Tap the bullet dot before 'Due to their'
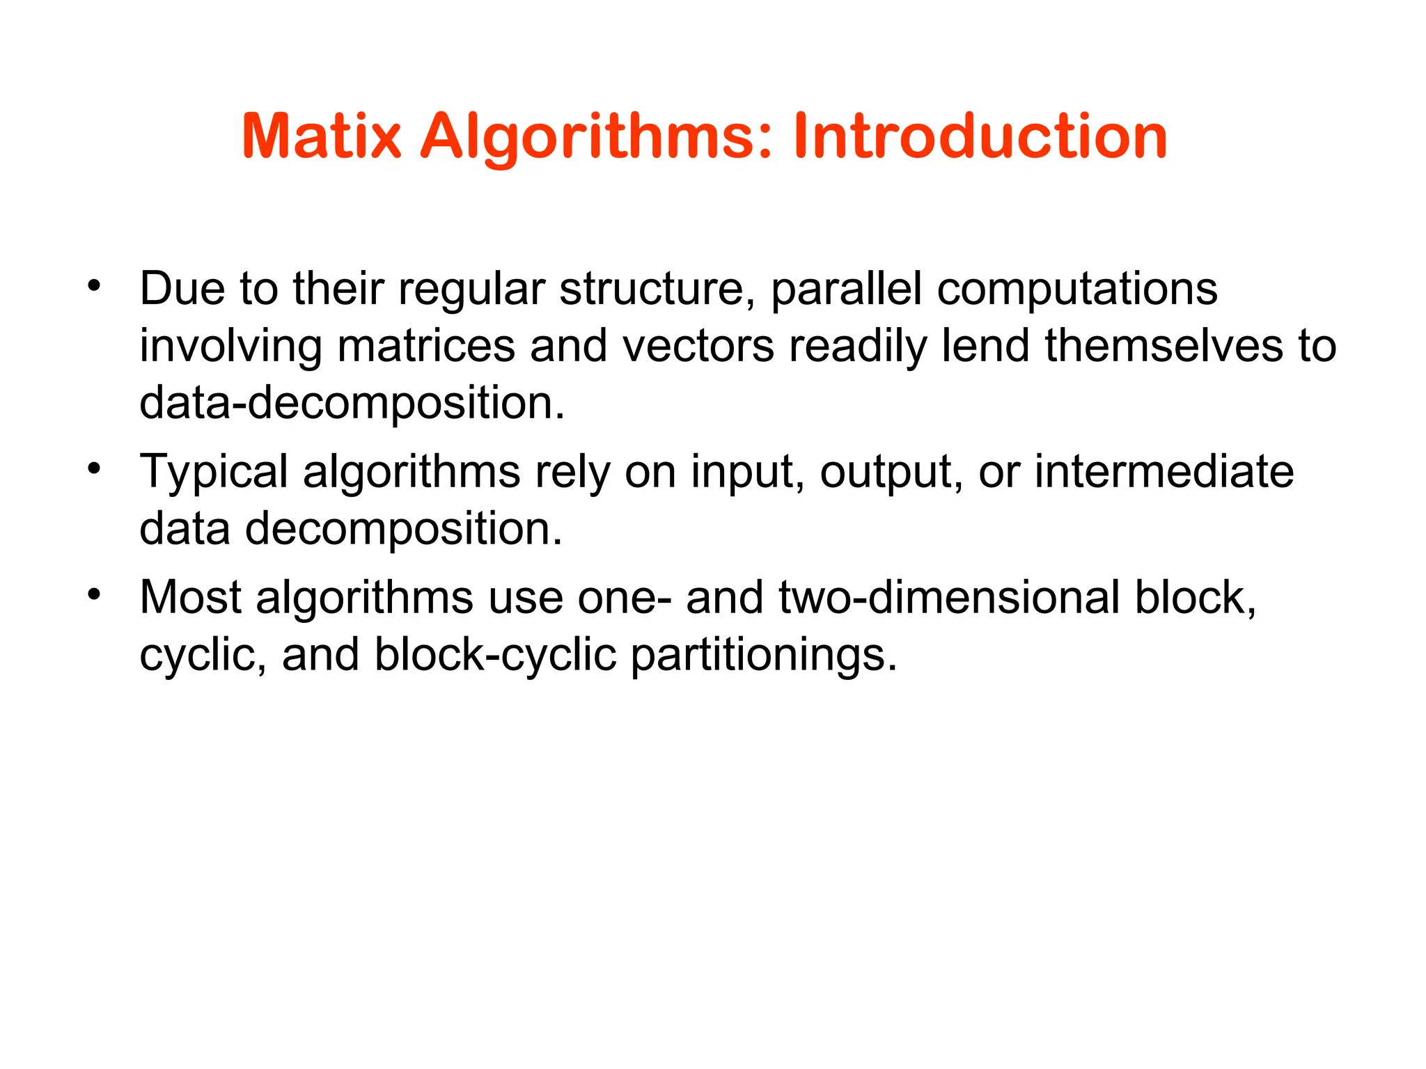[x=94, y=285]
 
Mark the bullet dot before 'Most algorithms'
[x=94, y=594]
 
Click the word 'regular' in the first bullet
[x=471, y=289]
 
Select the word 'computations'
[x=1077, y=289]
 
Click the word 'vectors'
[x=698, y=346]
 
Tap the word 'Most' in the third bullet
[x=190, y=598]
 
